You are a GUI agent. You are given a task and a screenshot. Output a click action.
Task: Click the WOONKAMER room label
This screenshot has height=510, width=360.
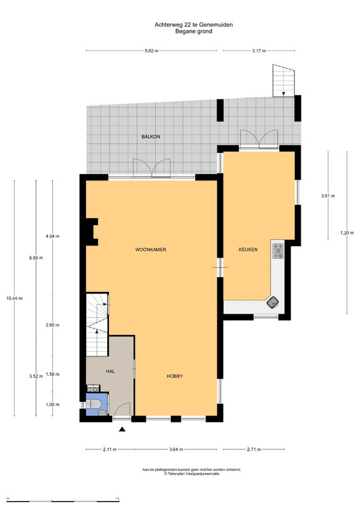[150, 250]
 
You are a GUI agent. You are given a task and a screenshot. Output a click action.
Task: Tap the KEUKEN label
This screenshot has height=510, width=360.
[248, 250]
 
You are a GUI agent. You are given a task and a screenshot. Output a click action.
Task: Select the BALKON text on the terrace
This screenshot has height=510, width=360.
[151, 137]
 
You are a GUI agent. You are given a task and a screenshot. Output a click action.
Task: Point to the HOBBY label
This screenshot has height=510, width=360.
[175, 376]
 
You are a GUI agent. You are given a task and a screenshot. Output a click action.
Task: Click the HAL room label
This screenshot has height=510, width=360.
[110, 371]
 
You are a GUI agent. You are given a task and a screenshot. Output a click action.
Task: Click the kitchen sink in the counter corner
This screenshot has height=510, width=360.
[273, 303]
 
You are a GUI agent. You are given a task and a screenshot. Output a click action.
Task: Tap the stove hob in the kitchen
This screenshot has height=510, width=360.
[278, 251]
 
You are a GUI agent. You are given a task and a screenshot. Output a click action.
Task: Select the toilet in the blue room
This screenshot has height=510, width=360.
[95, 404]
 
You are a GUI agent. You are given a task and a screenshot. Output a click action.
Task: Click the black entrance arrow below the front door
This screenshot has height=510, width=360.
[122, 429]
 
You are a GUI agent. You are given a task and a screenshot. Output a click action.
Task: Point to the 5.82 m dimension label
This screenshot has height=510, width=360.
[151, 51]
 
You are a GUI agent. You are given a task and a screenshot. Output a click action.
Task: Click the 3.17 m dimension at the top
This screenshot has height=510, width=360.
[259, 51]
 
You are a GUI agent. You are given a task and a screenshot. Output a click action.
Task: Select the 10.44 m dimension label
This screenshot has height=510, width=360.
[14, 298]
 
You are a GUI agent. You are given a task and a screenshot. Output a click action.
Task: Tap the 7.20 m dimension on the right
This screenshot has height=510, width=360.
[347, 233]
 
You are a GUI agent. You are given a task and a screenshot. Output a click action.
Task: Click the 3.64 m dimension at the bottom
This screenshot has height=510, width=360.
[176, 449]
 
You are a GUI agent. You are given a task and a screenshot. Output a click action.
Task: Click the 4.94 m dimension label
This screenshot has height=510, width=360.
[52, 237]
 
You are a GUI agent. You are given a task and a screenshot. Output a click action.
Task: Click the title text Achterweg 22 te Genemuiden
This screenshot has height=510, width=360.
[194, 25]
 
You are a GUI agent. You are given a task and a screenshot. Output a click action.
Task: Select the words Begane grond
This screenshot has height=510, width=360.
[194, 31]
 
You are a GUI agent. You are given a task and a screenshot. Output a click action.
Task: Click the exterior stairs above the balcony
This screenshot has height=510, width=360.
[284, 81]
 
